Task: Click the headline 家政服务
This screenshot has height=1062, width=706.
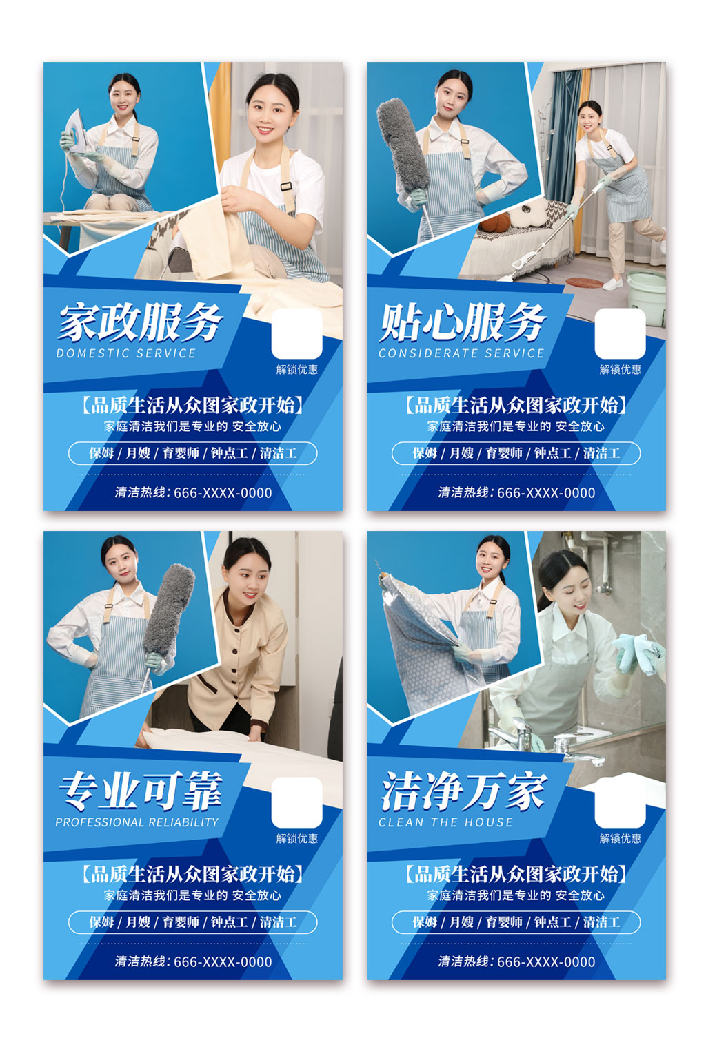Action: click(x=141, y=322)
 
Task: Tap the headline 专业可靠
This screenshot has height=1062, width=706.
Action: click(x=141, y=791)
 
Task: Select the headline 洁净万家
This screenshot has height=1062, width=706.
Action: click(x=463, y=791)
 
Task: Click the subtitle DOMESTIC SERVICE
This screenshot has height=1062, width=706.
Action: click(x=126, y=353)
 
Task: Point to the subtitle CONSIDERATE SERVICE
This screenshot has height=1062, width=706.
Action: click(x=461, y=353)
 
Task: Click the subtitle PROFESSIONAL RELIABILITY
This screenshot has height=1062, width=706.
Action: click(x=137, y=822)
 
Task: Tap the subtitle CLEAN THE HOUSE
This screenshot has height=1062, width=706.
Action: click(x=445, y=822)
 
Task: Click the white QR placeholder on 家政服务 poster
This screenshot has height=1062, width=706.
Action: click(x=296, y=333)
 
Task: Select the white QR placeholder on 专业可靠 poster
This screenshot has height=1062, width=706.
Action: click(x=296, y=802)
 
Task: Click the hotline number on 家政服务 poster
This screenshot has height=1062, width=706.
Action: click(x=222, y=493)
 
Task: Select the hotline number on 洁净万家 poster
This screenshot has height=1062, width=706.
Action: click(x=545, y=962)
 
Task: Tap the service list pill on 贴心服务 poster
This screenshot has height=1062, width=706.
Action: click(x=516, y=453)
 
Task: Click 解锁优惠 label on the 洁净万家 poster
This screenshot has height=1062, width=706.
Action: click(x=620, y=839)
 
